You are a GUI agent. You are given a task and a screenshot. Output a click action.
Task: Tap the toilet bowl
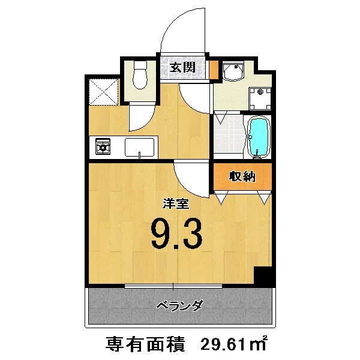[140, 76]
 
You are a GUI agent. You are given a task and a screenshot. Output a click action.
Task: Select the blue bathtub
[259, 137]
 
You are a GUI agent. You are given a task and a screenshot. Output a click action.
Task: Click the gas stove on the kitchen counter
[104, 146]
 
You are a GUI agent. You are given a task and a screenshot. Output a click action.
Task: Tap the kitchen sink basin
[139, 146]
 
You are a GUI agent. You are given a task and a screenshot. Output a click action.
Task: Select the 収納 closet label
[242, 176]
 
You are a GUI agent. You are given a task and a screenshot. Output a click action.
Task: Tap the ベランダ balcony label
[179, 305]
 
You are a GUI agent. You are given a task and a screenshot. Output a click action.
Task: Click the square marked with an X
[103, 91]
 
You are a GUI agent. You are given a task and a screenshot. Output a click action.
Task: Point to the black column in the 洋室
[262, 276]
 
